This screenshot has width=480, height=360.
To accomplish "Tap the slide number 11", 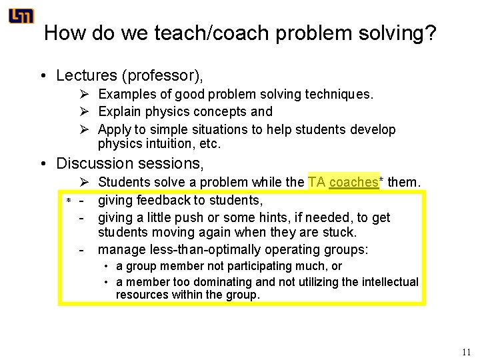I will pyautogui.click(x=466, y=353).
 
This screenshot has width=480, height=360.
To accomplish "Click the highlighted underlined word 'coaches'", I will pyautogui.click(x=353, y=183).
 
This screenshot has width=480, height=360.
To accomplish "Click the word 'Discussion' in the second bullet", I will pyautogui.click(x=95, y=163).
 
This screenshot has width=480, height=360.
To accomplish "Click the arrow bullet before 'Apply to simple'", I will pyautogui.click(x=84, y=129).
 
